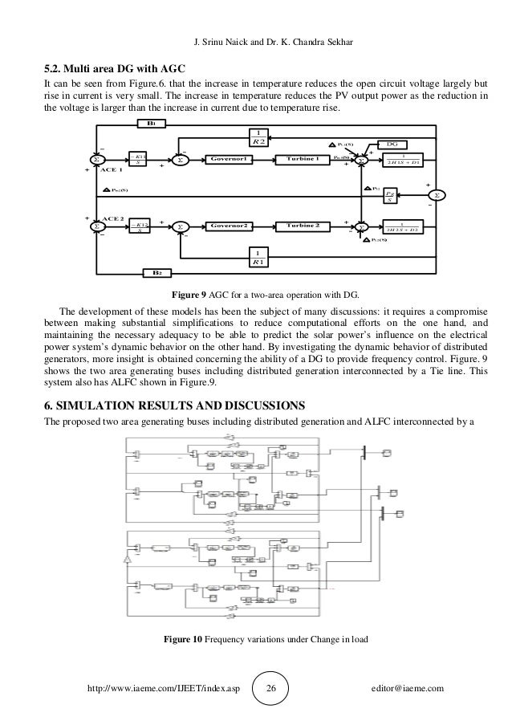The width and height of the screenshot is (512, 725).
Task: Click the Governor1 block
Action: [x=229, y=159]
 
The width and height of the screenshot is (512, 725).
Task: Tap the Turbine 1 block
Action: [x=303, y=159]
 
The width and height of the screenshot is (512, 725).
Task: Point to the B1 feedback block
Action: [x=150, y=124]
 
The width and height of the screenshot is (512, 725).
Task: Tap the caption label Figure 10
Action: [x=182, y=639]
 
